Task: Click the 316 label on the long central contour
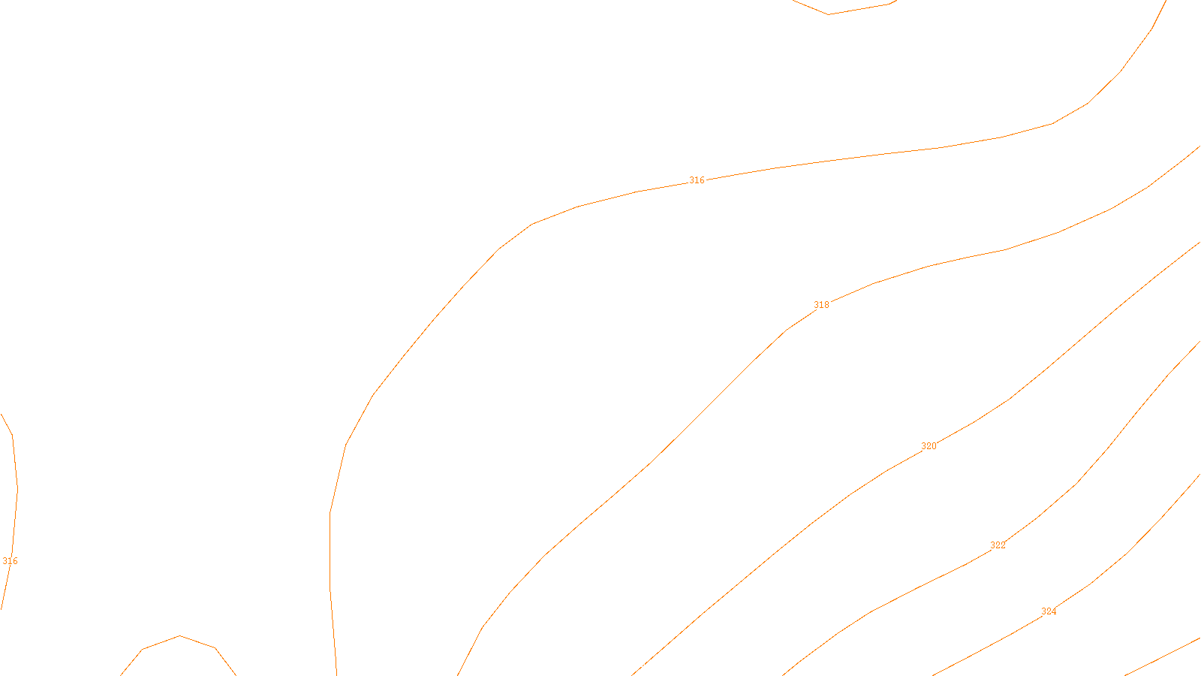coord(697,180)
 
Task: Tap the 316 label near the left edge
coord(10,561)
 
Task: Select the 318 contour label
coord(821,305)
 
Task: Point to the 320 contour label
coord(929,446)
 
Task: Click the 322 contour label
coord(998,545)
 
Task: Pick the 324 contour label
coord(1049,611)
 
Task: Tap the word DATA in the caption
coord(634,664)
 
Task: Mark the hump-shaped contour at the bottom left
coord(179,637)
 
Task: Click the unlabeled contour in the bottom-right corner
coord(1163,656)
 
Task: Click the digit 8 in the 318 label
coord(826,305)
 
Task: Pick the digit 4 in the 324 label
coord(1054,611)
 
